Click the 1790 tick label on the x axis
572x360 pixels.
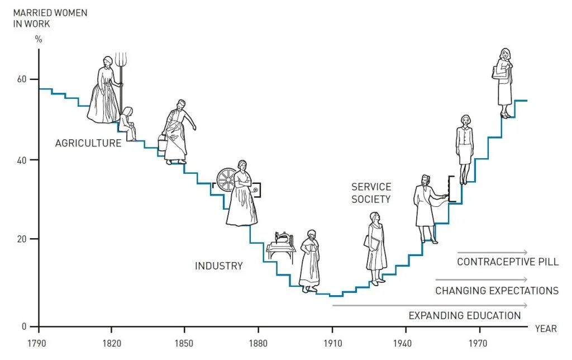pyautogui.click(x=38, y=344)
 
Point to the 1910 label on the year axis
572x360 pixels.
pyautogui.click(x=332, y=344)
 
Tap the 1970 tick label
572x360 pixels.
pyautogui.click(x=479, y=344)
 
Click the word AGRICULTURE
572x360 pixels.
pyautogui.click(x=88, y=143)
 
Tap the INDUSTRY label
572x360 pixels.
pyautogui.click(x=218, y=266)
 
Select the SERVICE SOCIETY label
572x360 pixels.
pyautogui.click(x=371, y=193)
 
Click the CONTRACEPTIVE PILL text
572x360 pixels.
pyautogui.click(x=507, y=262)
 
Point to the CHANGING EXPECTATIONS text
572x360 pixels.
pyautogui.click(x=497, y=291)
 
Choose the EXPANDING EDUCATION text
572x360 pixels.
pyautogui.click(x=464, y=316)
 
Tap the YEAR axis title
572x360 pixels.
pyautogui.click(x=545, y=329)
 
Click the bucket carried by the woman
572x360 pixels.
pyautogui.click(x=163, y=143)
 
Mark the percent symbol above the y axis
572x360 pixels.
pyautogui.click(x=39, y=40)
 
